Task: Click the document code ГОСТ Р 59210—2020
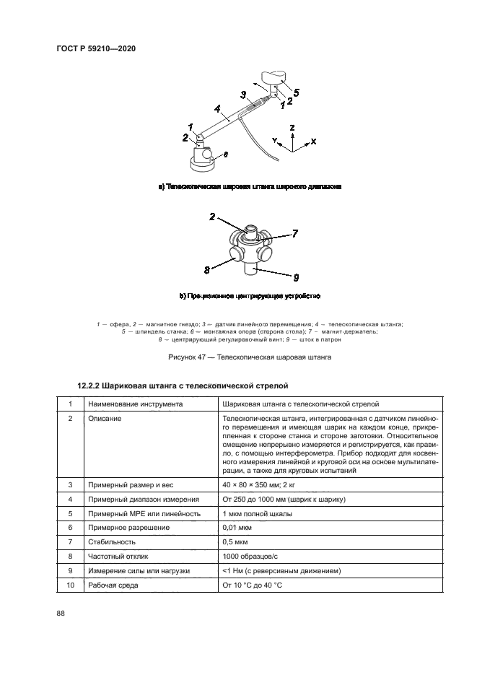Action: tap(96, 49)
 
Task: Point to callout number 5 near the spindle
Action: tap(296, 92)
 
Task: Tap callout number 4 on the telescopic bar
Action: tap(216, 109)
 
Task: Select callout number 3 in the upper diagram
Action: tap(244, 95)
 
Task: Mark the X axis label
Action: tap(313, 141)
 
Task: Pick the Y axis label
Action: tap(274, 138)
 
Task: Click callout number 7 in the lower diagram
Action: tap(294, 233)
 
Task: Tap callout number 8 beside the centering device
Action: tap(206, 269)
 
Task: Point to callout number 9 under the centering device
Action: tap(296, 276)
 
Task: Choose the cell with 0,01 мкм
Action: tap(242, 528)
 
